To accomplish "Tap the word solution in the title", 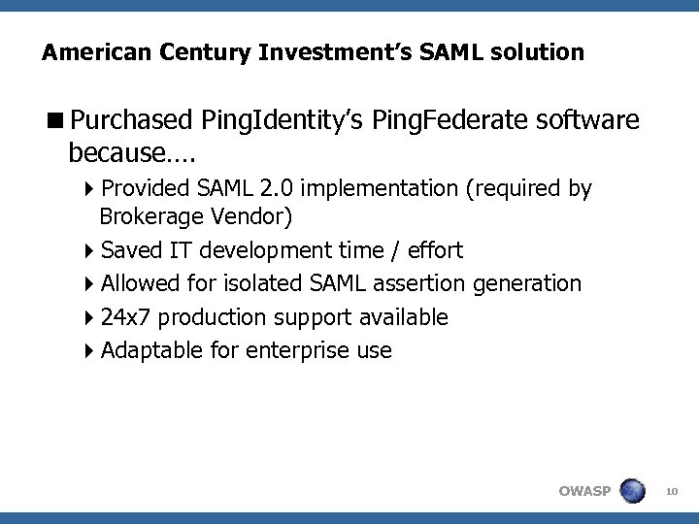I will click(x=541, y=51).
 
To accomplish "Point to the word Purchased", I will click(x=132, y=120).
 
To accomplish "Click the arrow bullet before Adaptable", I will click(x=89, y=350).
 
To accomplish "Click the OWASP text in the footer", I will click(x=584, y=491).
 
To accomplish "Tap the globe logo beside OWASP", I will click(x=632, y=490).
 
